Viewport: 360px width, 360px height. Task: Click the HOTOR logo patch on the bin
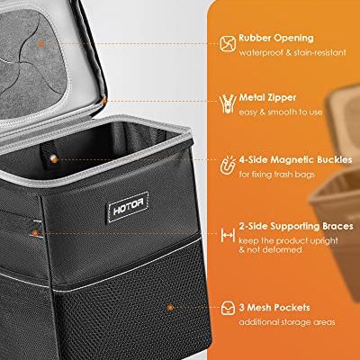click(128, 207)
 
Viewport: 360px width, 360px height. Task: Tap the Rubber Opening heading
click(276, 38)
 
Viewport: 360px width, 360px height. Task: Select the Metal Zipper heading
click(267, 97)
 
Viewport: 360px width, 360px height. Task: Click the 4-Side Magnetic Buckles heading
click(295, 159)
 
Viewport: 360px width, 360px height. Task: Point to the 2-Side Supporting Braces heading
click(296, 226)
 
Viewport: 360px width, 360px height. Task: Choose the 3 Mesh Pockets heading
click(274, 308)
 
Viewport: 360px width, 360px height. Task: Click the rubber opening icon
click(228, 43)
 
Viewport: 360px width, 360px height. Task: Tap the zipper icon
click(227, 103)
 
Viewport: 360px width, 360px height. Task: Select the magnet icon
click(228, 166)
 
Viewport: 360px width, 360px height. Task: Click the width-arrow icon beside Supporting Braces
click(228, 235)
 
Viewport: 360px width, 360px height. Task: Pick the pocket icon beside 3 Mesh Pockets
click(228, 308)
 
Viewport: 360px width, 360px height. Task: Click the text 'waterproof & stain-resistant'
click(292, 53)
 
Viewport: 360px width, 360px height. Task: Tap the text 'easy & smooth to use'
click(281, 112)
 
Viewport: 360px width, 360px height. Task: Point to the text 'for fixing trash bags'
click(276, 175)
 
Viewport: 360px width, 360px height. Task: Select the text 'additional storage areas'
click(287, 322)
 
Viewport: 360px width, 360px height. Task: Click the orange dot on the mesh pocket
click(170, 308)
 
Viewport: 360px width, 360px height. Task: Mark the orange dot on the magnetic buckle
click(54, 159)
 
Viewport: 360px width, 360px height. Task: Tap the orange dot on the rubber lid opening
click(41, 44)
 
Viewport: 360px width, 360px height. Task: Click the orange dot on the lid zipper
click(104, 101)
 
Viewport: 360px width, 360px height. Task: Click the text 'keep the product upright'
click(289, 240)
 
